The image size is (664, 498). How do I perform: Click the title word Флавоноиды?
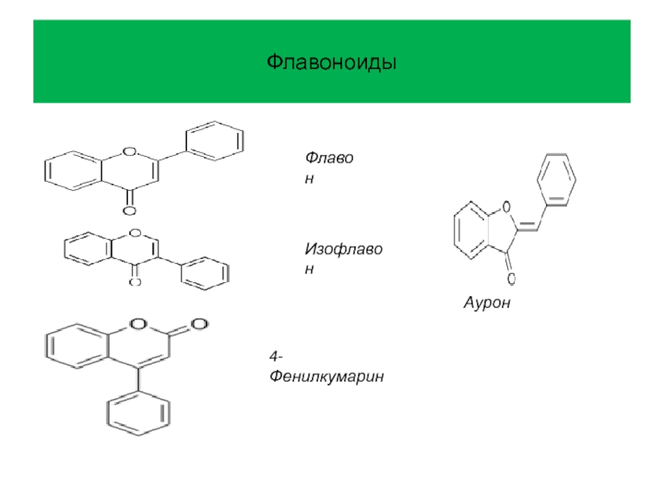332,62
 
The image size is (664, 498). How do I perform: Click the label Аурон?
488,305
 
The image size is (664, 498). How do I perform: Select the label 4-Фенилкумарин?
326,368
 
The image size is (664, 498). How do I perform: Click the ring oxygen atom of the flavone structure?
129,152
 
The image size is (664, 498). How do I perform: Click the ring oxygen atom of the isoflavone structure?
134,233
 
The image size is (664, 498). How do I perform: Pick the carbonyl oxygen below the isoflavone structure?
134,282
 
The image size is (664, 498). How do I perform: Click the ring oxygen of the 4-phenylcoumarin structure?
138,324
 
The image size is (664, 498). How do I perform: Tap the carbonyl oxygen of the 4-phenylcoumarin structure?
198,323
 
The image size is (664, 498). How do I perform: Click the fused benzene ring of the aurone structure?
471,230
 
